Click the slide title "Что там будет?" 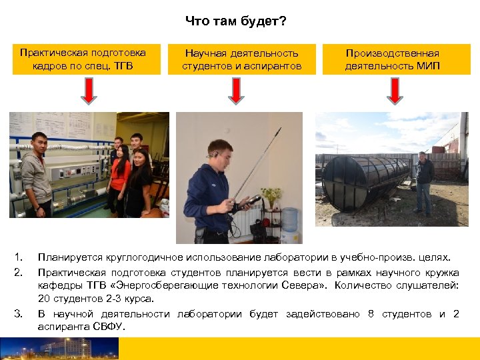(236, 22)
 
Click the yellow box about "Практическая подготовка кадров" (83, 59)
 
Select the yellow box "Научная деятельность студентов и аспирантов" (241, 59)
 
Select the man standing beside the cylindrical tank (424, 183)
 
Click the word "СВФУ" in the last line (107, 327)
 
